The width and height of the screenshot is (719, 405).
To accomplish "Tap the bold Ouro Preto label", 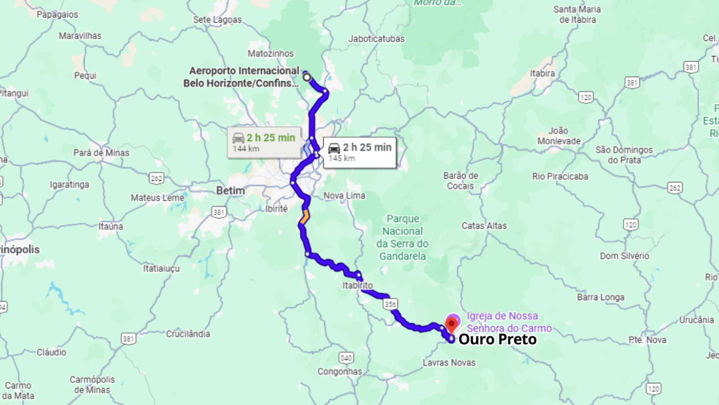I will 498,340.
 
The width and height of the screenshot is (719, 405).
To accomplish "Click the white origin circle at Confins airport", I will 307,78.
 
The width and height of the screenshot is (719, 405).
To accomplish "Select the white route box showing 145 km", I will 359,152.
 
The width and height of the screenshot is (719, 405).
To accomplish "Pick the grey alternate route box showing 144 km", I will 264,142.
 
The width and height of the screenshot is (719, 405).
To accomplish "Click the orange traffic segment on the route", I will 305,217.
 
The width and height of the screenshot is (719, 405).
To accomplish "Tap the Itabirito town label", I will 357,285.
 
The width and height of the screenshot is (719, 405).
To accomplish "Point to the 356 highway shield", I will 390,304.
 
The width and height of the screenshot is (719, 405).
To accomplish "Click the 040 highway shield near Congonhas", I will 346,358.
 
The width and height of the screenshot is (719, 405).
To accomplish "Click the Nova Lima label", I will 344,196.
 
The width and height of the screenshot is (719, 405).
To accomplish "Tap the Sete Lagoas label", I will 217,20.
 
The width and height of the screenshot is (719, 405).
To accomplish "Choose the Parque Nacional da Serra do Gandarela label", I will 402,237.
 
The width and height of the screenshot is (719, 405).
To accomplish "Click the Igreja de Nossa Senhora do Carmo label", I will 509,322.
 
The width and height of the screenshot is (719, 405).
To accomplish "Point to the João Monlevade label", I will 559,136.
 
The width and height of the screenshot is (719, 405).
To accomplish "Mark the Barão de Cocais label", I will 461,181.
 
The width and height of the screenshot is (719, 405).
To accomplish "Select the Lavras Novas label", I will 449,362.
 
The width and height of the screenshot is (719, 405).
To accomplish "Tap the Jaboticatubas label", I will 376,38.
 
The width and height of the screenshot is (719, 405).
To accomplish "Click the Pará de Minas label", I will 101,153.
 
